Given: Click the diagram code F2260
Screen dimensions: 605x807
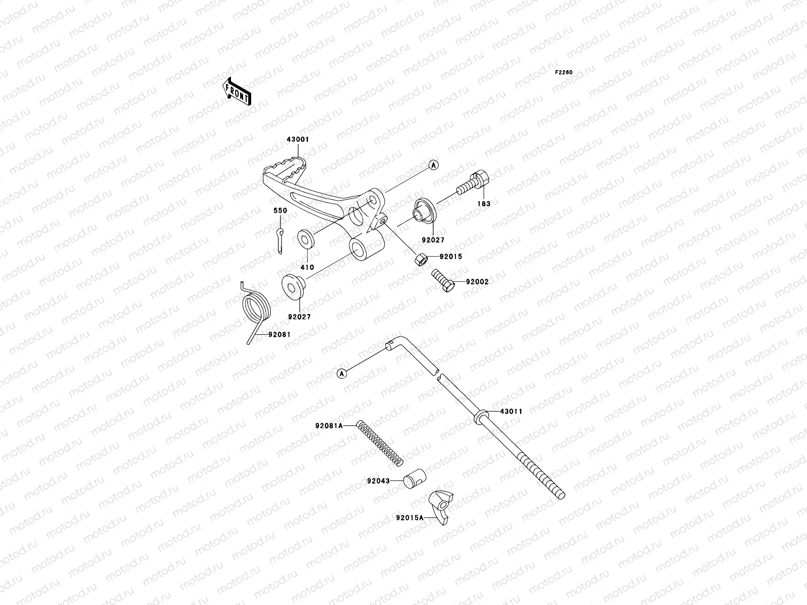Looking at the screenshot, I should point(564,73).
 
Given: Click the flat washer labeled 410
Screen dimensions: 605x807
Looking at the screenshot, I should point(305,238).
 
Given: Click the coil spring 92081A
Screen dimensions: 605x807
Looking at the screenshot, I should point(379,443).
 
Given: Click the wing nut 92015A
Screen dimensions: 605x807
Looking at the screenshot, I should point(440,507).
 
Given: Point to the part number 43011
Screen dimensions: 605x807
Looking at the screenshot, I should point(511,411).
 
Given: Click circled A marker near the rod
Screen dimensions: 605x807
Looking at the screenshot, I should point(342,374).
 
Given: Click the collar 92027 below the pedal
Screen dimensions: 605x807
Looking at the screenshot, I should point(291,285).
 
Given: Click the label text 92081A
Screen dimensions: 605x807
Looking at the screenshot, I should point(329,426).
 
